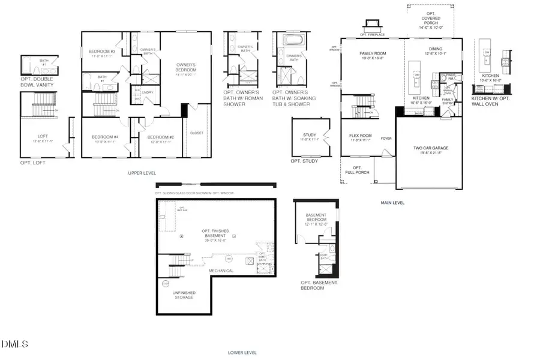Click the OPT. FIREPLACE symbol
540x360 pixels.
point(370,25)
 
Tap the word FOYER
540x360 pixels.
point(386,139)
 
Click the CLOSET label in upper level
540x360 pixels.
point(196,133)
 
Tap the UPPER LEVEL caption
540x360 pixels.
point(142,173)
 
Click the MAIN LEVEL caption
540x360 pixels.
point(392,203)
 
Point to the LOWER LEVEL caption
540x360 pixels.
point(242,353)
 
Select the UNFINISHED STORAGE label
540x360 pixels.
point(184,295)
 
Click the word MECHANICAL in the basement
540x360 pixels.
point(221,271)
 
